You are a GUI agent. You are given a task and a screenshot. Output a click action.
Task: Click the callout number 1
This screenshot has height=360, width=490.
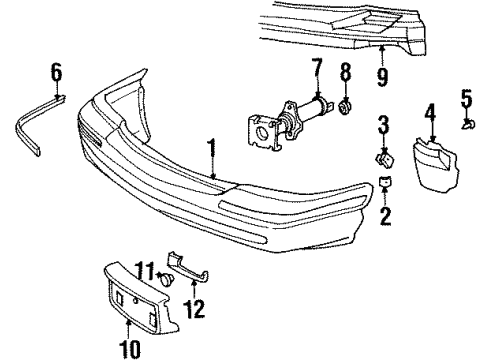pos(212,151)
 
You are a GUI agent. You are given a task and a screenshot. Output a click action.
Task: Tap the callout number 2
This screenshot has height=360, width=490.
pos(384,216)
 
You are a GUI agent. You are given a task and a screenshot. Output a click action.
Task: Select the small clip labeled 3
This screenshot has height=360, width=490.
pos(382,157)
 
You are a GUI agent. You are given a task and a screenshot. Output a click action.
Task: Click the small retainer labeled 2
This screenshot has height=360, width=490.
pos(384,183)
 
